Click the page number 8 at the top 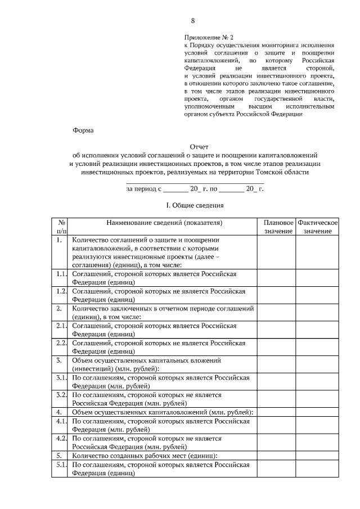pos(193,21)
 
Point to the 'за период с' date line pos(195,189)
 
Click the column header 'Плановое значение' pos(277,227)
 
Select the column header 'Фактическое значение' pos(317,227)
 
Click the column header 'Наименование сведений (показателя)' pos(164,223)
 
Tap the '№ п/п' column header pos(61,227)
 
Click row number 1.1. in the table pos(61,274)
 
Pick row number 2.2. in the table pos(61,343)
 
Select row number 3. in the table pos(59,360)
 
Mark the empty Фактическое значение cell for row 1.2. pos(317,295)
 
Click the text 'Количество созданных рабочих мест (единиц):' pos(145,455)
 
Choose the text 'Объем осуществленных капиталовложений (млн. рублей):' pos(162,412)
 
